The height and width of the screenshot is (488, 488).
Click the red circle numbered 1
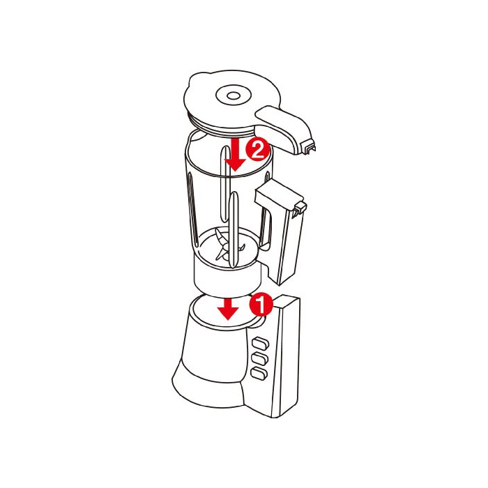tap(261, 304)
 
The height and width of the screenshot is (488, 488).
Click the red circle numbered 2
tap(257, 150)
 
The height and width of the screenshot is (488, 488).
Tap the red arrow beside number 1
tap(228, 309)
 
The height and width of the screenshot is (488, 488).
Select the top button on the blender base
tap(260, 344)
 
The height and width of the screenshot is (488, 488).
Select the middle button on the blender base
tap(260, 358)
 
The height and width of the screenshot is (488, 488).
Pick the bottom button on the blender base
tap(259, 372)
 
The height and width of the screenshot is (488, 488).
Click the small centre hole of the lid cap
tap(232, 96)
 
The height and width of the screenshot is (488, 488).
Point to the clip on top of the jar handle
tap(299, 208)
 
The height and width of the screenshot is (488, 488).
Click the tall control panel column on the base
tap(287, 356)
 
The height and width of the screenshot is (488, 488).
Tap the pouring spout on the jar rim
tap(195, 137)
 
